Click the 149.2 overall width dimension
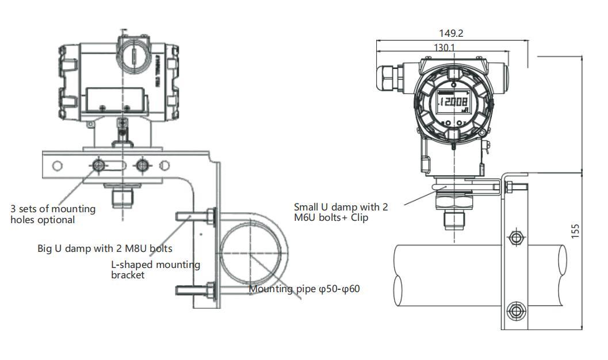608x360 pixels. [x=450, y=33]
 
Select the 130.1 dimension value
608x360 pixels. [x=443, y=48]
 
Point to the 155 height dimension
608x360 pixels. [x=575, y=230]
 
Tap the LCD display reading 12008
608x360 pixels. [x=453, y=104]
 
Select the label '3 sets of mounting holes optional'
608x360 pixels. [x=53, y=214]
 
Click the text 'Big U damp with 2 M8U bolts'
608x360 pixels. [x=105, y=248]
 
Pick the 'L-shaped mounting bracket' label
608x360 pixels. [x=155, y=269]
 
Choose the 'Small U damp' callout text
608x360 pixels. [x=341, y=212]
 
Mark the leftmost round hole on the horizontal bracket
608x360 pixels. [x=57, y=166]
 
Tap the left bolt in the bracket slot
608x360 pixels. [x=98, y=166]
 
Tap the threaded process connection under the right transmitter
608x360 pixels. [x=453, y=219]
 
